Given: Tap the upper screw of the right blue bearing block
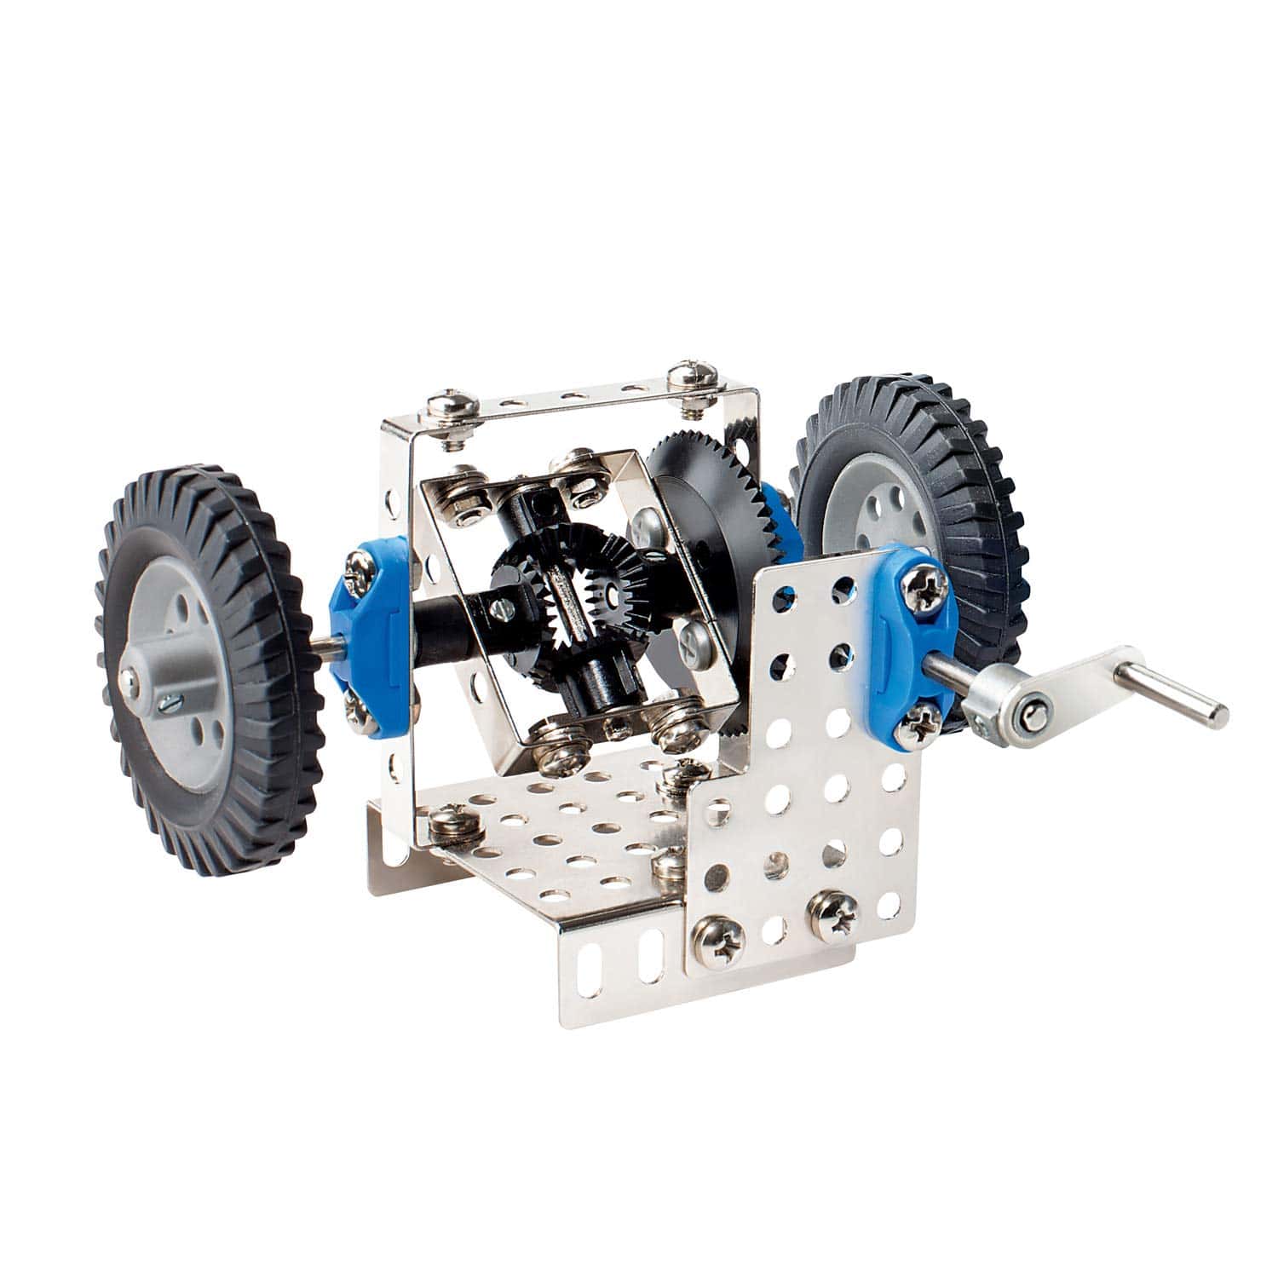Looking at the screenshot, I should pos(924,585).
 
